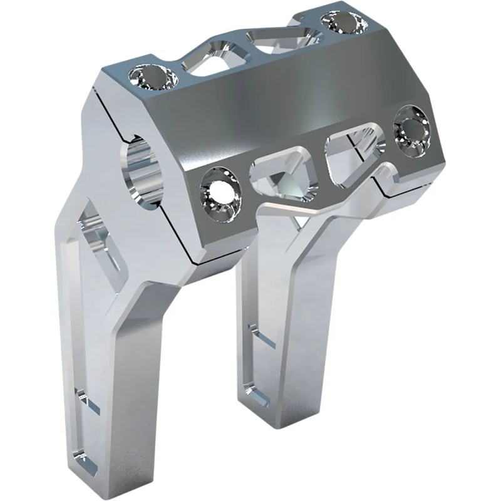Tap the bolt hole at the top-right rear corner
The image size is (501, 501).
[x=343, y=23]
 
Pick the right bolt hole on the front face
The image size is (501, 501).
[x=412, y=130]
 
